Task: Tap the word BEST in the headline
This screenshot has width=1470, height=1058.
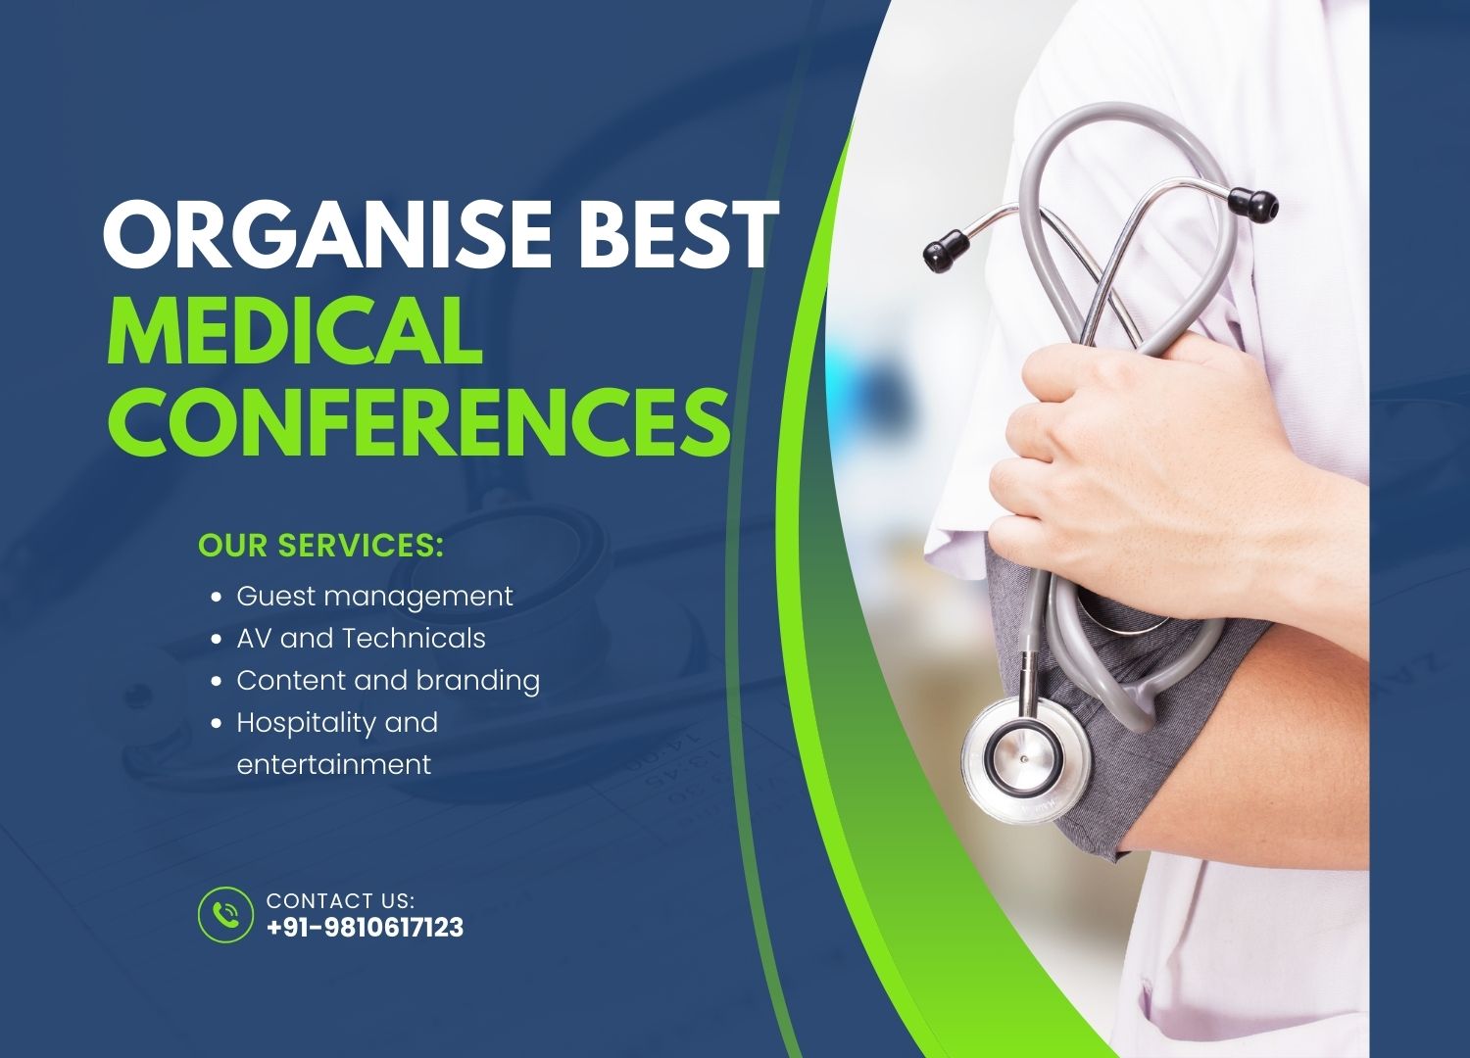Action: (677, 235)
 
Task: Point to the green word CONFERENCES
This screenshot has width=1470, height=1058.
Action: (418, 421)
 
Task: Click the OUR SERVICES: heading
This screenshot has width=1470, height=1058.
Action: (320, 545)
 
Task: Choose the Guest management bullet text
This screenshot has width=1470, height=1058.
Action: (374, 596)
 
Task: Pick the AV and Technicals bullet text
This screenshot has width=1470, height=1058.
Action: (361, 638)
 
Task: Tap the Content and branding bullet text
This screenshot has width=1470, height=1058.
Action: (388, 680)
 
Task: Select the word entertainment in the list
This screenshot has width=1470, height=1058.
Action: (333, 764)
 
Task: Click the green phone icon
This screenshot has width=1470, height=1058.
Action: (225, 915)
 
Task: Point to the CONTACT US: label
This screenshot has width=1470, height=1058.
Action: (340, 900)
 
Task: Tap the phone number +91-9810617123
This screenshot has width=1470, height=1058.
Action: (365, 928)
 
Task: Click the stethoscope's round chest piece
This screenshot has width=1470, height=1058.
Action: (1025, 754)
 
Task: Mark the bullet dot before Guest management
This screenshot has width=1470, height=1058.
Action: (217, 597)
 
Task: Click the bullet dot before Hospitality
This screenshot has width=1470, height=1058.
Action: (217, 723)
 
